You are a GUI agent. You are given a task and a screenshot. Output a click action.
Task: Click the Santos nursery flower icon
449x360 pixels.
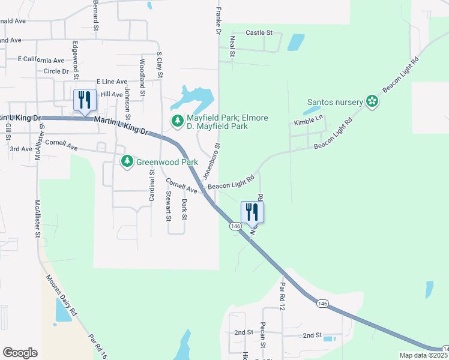[x=372, y=101]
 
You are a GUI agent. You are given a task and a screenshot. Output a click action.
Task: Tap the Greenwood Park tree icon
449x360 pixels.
[x=127, y=161]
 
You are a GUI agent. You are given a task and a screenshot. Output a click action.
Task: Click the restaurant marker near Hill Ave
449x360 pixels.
[x=83, y=100]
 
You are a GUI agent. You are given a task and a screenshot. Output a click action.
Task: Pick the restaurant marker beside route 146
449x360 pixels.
[x=252, y=212]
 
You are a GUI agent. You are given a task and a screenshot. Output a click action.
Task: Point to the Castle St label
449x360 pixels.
[x=259, y=32]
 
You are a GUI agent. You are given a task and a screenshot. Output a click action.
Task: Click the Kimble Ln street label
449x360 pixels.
[x=309, y=122]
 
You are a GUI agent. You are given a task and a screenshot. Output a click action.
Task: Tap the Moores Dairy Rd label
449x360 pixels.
[x=61, y=295]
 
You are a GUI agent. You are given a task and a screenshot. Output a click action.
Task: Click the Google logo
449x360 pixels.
[x=20, y=353]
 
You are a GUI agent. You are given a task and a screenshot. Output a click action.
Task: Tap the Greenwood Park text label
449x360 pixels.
[x=166, y=161]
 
